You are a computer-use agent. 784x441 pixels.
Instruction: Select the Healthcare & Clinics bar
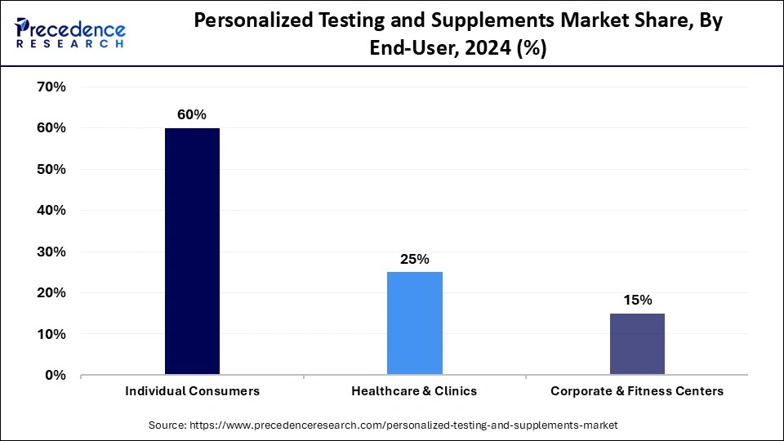tap(415, 323)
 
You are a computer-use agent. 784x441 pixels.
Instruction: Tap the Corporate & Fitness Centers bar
tap(637, 344)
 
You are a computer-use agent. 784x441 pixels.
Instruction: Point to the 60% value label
tap(192, 115)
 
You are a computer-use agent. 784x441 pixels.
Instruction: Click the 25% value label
tap(415, 259)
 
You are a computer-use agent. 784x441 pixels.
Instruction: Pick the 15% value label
tap(637, 300)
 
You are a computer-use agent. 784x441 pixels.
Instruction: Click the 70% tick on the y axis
tap(51, 87)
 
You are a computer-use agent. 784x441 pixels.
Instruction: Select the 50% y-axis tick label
tap(51, 169)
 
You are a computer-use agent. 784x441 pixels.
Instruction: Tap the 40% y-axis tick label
tap(51, 210)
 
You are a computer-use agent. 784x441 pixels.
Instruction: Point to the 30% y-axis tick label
tap(51, 252)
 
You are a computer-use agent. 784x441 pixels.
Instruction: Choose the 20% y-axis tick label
tap(51, 292)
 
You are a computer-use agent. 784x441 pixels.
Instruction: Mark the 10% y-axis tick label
tap(51, 334)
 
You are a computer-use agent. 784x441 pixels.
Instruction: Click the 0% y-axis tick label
tap(55, 375)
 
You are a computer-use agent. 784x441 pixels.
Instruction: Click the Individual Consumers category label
tap(192, 391)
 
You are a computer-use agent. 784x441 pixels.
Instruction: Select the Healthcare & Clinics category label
tap(415, 391)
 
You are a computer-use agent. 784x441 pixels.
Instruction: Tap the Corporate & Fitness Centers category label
tap(637, 391)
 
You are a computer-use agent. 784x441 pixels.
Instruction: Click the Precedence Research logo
tap(69, 33)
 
